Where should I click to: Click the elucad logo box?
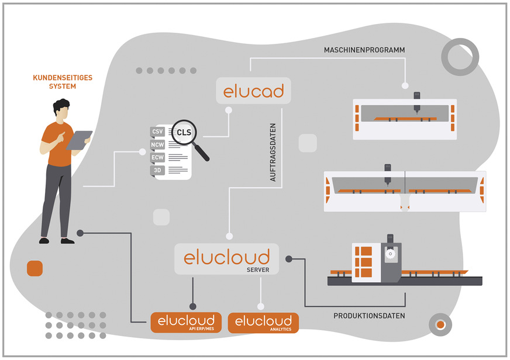[253, 91]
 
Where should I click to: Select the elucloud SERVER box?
[227, 259]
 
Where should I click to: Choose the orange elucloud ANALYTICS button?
[263, 323]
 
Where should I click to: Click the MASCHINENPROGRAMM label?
[364, 50]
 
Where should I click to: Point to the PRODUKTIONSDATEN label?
[369, 316]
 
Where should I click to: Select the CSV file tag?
[157, 131]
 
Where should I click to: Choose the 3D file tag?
[157, 169]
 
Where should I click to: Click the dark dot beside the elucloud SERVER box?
[288, 258]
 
